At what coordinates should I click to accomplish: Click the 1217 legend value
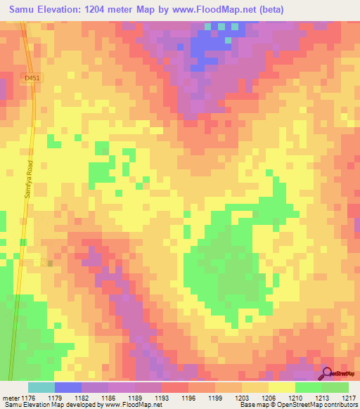coord(349,398)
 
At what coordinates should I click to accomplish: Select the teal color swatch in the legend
coord(41,387)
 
